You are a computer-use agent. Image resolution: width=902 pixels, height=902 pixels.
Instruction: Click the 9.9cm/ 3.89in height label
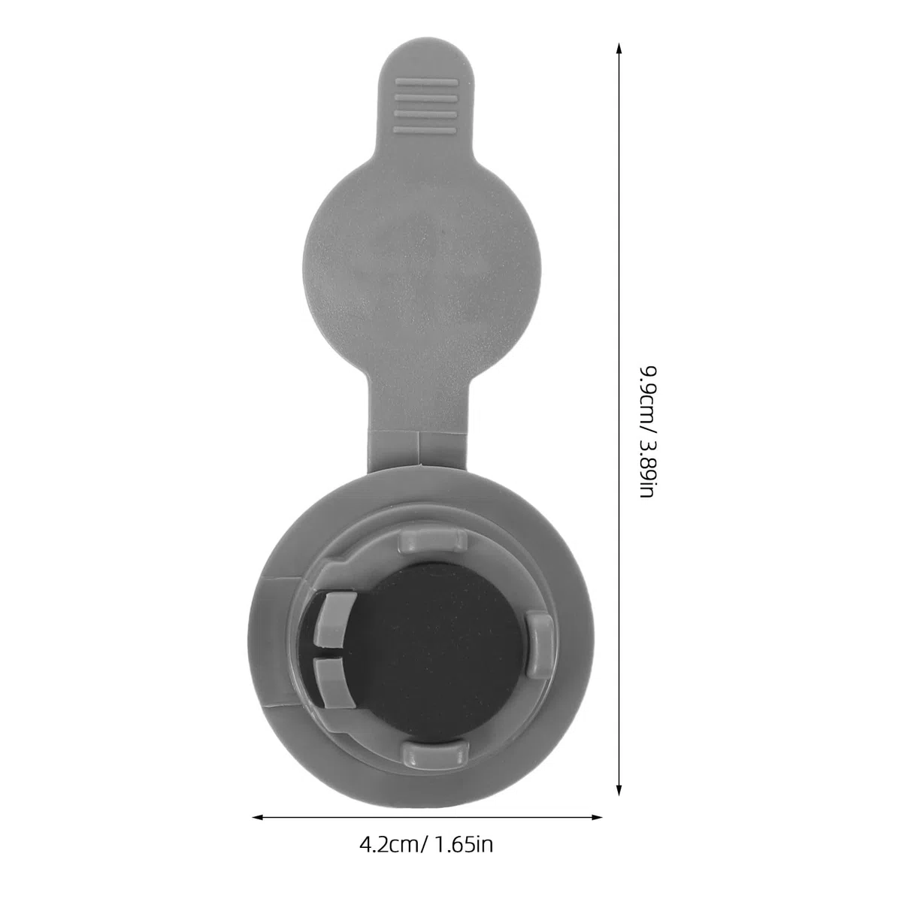649,431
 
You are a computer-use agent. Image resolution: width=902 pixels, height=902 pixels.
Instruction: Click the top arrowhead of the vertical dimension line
619,50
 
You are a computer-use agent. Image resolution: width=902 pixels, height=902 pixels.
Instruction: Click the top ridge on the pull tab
426,83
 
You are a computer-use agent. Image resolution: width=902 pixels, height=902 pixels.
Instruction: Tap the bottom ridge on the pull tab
425,129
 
